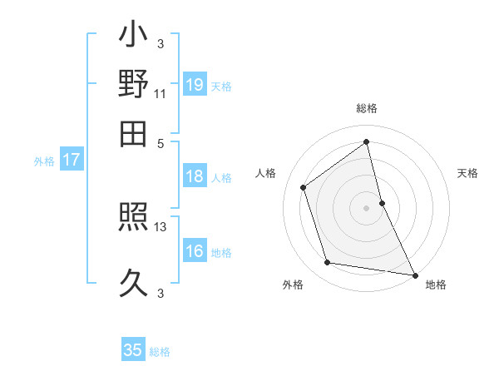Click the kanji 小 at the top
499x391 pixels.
tap(134, 37)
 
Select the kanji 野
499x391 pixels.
tap(134, 85)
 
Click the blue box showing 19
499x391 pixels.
tap(195, 84)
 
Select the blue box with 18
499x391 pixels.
tap(195, 176)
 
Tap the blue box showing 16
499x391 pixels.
tap(195, 251)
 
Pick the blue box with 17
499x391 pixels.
tap(72, 160)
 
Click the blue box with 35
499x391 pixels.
tap(133, 350)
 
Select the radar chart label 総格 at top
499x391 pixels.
tap(367, 108)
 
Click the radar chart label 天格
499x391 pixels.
tap(467, 173)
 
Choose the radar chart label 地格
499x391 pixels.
tap(436, 285)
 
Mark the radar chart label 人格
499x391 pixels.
tap(266, 173)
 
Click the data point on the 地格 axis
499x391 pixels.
tap(414, 274)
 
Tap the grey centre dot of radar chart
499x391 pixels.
tap(367, 207)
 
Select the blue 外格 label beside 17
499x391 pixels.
tap(44, 161)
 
